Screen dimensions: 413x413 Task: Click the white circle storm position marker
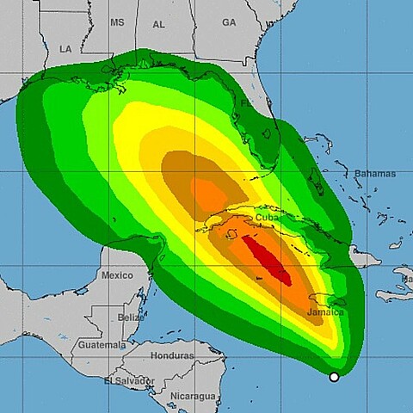pyautogui.click(x=334, y=377)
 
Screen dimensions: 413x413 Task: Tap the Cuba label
pyautogui.click(x=267, y=218)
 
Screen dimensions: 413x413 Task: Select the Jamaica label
pyautogui.click(x=326, y=312)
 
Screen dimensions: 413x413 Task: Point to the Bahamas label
pyautogui.click(x=375, y=174)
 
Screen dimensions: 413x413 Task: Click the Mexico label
pyautogui.click(x=117, y=275)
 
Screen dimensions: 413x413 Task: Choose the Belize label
pyautogui.click(x=132, y=317)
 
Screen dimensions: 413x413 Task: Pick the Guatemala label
pyautogui.click(x=100, y=344)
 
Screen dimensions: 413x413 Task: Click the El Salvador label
pyautogui.click(x=129, y=380)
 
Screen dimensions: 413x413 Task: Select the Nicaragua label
pyautogui.click(x=191, y=396)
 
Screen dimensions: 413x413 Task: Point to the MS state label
pyautogui.click(x=118, y=22)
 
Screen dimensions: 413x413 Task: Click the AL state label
pyautogui.click(x=159, y=24)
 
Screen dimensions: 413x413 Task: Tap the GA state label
pyautogui.click(x=228, y=22)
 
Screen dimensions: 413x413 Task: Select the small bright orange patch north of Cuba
pyautogui.click(x=206, y=191)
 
